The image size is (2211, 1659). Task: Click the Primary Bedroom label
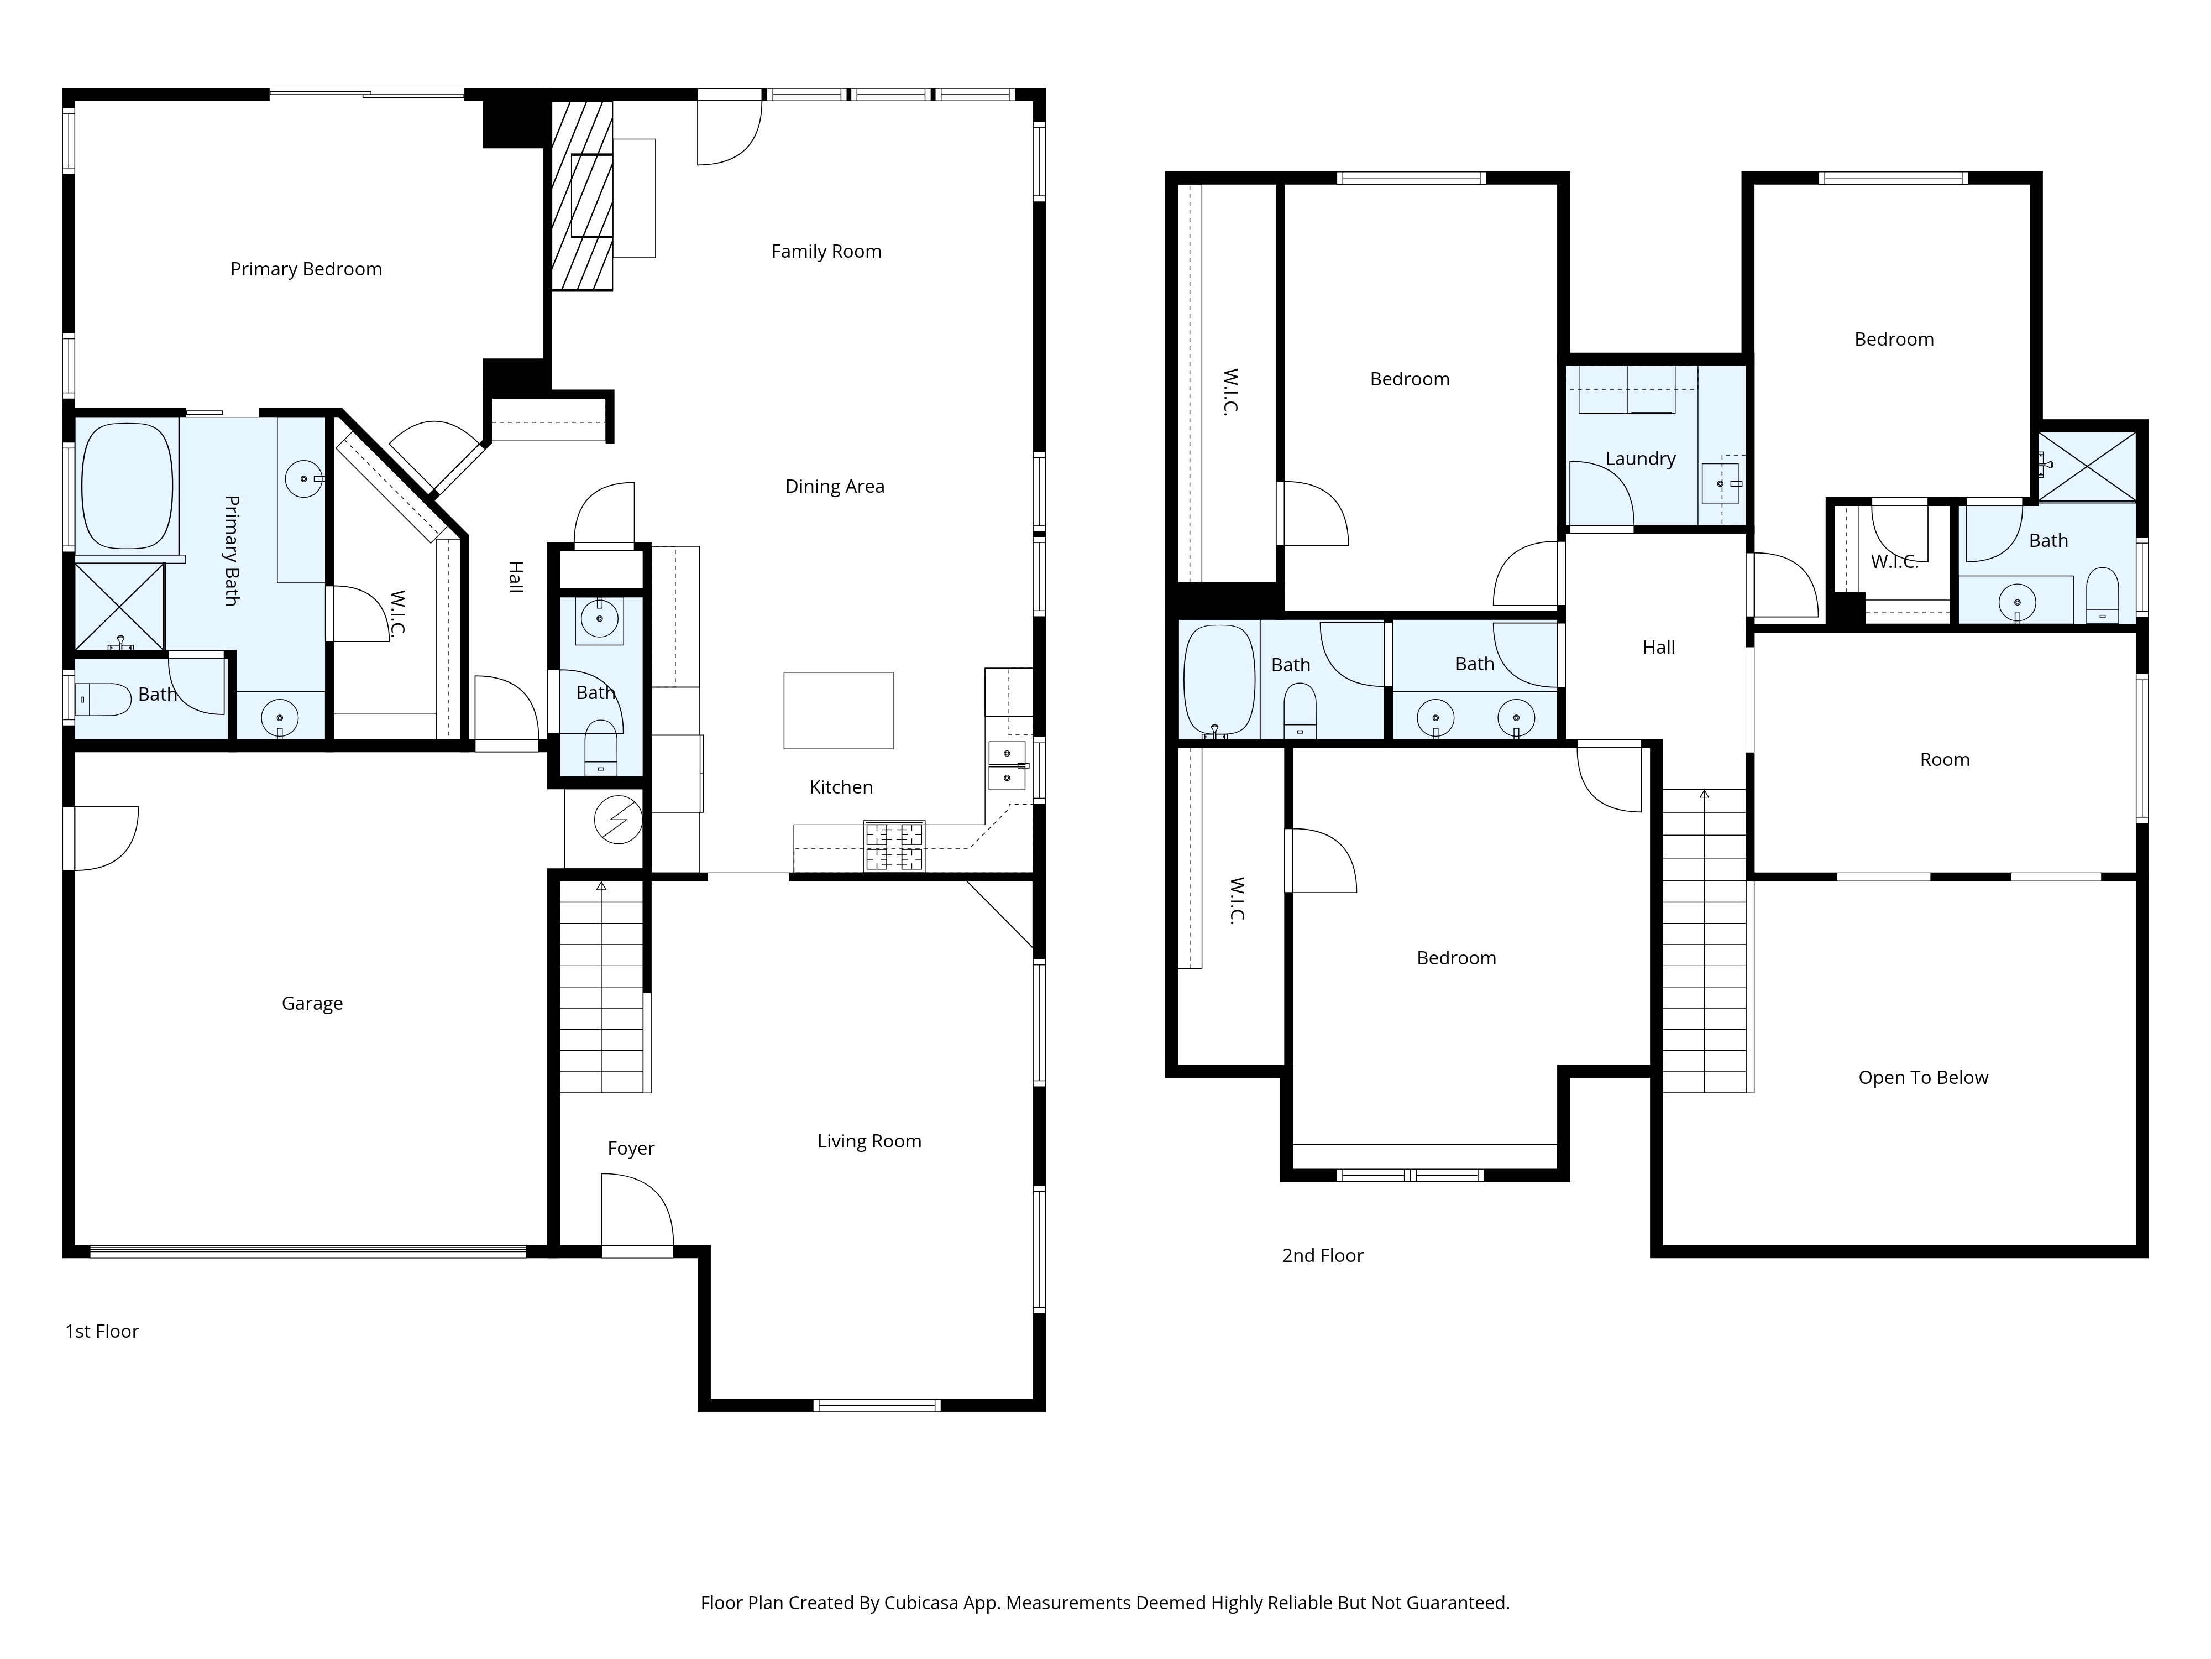pyautogui.click(x=306, y=269)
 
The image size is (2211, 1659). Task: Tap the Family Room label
pyautogui.click(x=826, y=251)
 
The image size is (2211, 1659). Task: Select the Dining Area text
pyautogui.click(x=835, y=486)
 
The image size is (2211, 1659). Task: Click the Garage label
pyautogui.click(x=312, y=1003)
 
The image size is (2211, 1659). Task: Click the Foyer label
pyautogui.click(x=631, y=1148)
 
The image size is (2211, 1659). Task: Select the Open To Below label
pyautogui.click(x=1923, y=1077)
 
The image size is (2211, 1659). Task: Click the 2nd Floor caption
pyautogui.click(x=1322, y=1255)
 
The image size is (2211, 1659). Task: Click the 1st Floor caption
pyautogui.click(x=102, y=1331)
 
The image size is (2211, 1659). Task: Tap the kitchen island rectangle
pyautogui.click(x=837, y=710)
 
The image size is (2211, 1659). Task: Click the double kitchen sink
pyautogui.click(x=1007, y=765)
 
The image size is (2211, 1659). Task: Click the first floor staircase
pyautogui.click(x=601, y=986)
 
